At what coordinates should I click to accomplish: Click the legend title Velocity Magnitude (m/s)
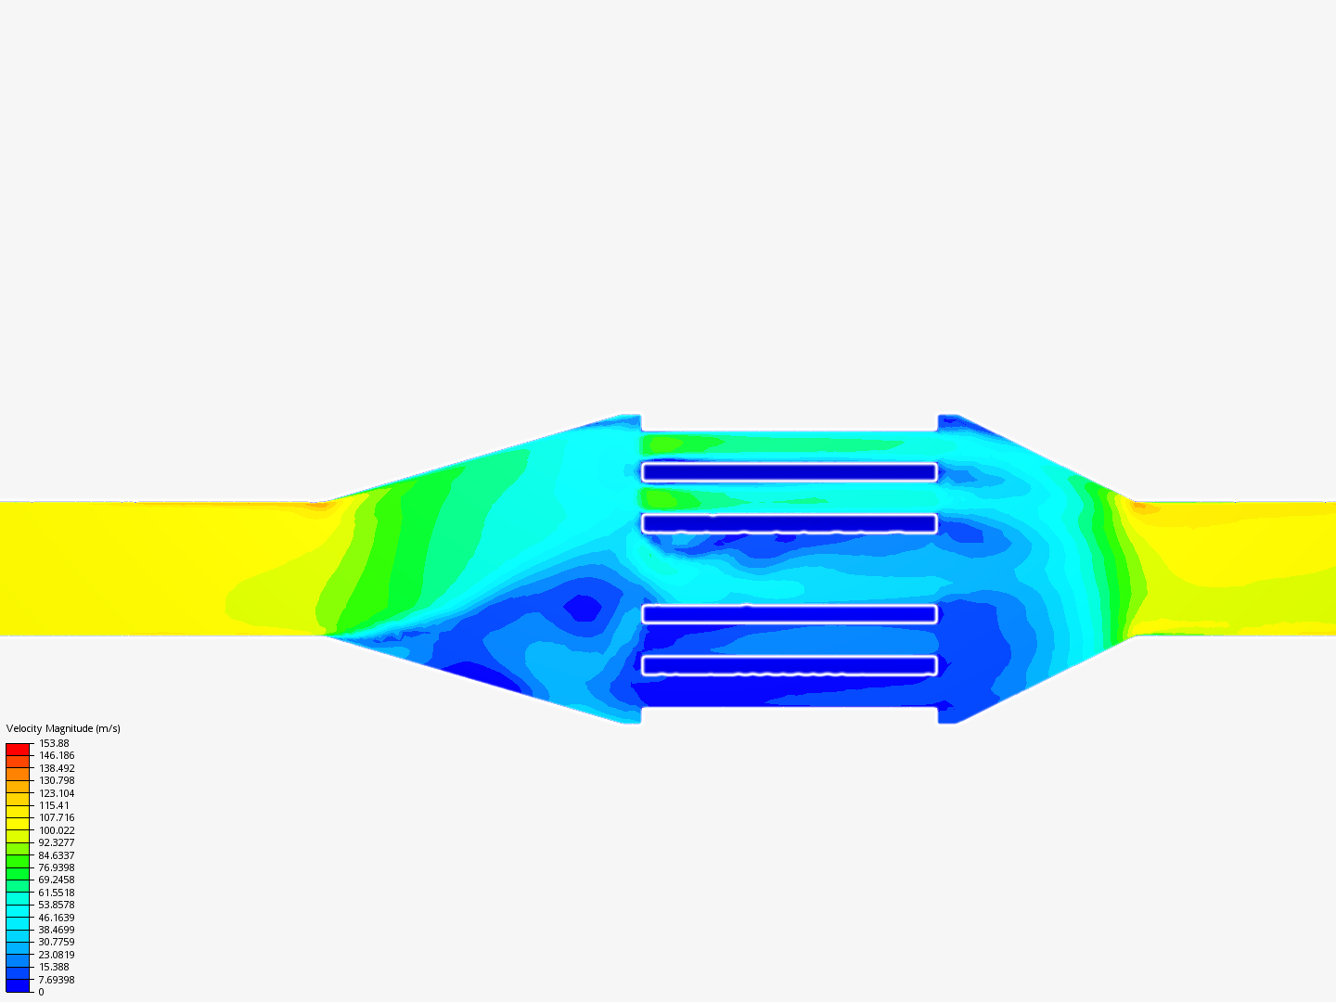tap(63, 728)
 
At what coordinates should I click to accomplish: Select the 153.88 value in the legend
tap(54, 743)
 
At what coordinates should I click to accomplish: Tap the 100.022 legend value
tap(57, 830)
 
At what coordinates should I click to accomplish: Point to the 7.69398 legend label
tap(57, 980)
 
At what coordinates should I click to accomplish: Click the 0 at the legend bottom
tap(42, 992)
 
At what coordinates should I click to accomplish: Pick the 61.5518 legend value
tap(57, 893)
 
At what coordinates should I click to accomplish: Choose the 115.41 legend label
tap(54, 805)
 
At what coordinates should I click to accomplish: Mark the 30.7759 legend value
tap(57, 942)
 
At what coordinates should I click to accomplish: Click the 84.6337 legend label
tap(57, 855)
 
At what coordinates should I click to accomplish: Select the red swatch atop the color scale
tap(18, 750)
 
